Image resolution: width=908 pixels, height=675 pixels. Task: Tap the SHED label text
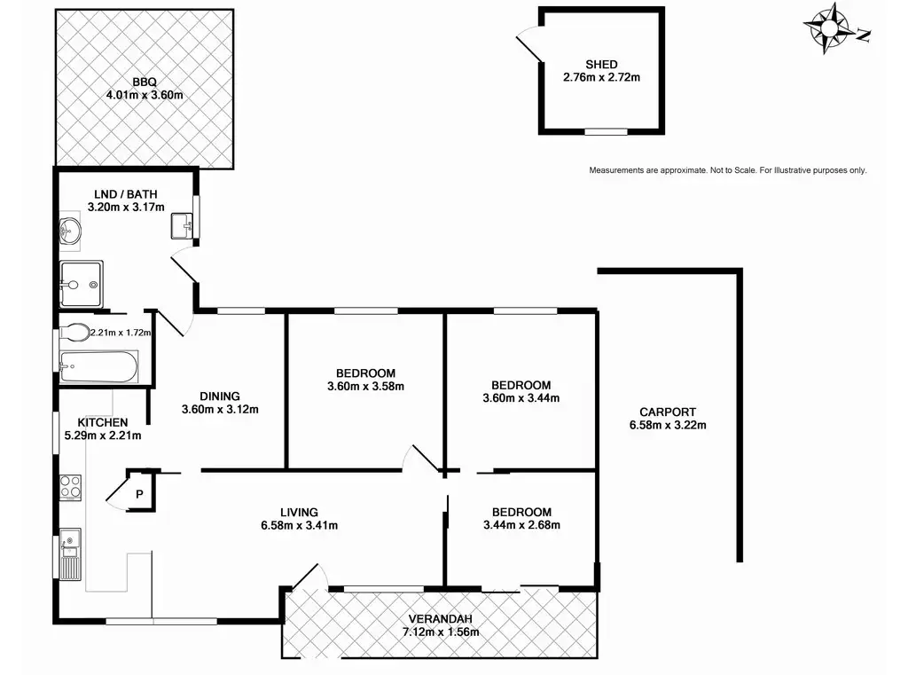pos(601,65)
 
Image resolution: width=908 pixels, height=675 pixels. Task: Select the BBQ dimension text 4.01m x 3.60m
pos(145,95)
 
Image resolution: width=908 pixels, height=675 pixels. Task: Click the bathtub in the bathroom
pos(99,366)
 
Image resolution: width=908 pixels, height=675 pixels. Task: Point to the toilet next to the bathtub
pos(74,333)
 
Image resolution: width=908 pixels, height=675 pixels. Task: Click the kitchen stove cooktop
pos(71,488)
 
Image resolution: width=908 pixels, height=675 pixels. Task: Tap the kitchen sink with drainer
pos(71,553)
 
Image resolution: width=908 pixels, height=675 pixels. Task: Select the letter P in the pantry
pos(139,494)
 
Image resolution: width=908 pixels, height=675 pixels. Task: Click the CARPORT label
pos(668,412)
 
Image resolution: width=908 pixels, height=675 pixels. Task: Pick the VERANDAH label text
pos(440,619)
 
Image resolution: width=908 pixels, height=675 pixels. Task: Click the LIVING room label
pos(299,512)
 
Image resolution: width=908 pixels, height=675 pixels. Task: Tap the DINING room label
pos(220,396)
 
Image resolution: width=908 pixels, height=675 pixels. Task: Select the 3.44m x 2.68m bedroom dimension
pos(521,525)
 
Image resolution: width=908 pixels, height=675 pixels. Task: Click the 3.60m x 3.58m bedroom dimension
pos(365,387)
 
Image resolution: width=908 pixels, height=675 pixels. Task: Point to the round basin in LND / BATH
pos(70,232)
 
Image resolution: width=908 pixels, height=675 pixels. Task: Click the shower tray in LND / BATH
pos(82,284)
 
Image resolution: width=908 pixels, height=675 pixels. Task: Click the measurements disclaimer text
pos(728,170)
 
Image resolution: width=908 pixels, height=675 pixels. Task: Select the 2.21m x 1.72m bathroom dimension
pos(121,333)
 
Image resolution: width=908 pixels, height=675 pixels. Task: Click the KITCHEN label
pos(103,422)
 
